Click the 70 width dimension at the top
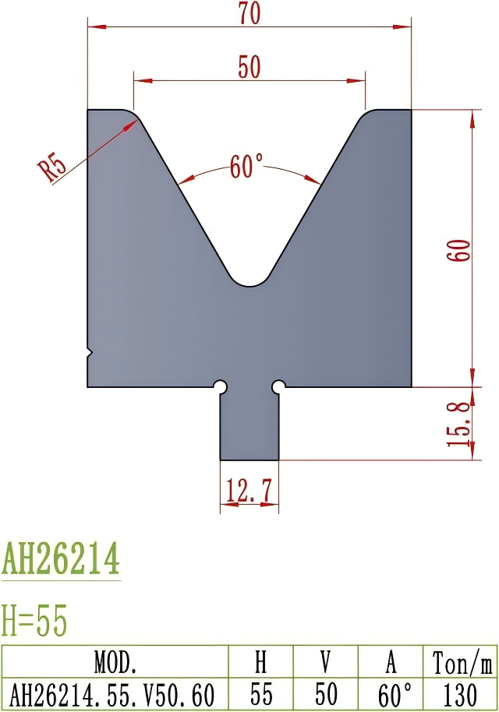tap(249, 14)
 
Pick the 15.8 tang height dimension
tap(459, 424)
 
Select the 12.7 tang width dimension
tap(249, 492)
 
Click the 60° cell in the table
tap(390, 693)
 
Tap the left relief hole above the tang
tap(221, 386)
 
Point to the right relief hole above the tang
tap(278, 386)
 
